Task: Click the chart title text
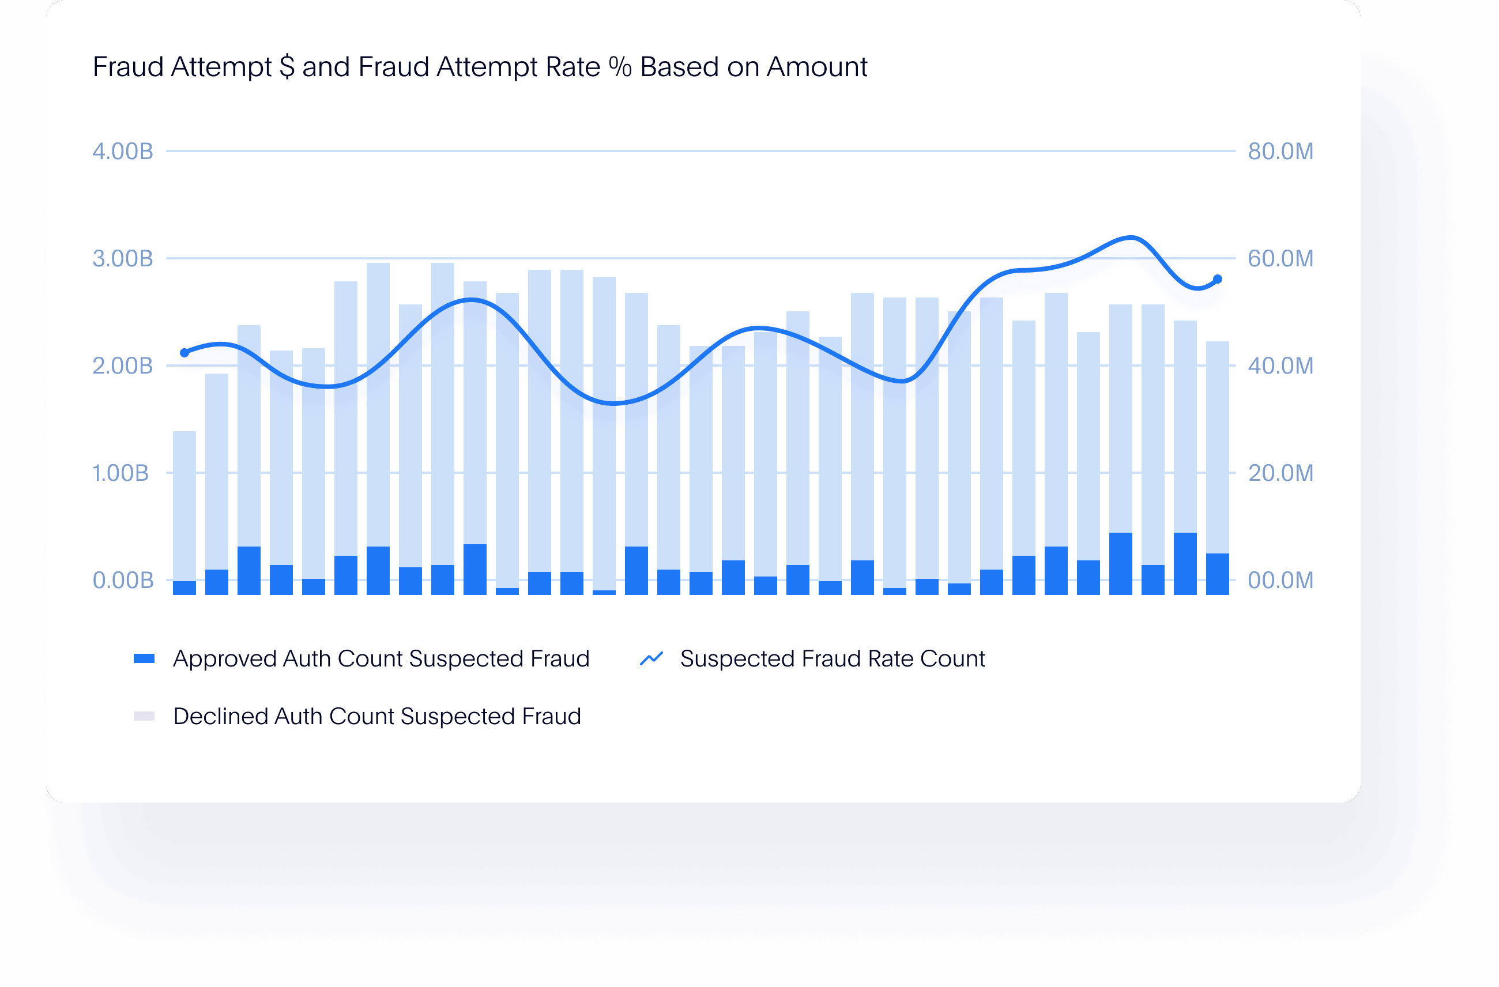point(479,67)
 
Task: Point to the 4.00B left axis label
point(123,152)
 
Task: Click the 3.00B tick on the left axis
point(123,259)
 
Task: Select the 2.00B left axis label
point(123,366)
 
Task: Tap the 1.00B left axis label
point(120,473)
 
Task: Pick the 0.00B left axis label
point(123,581)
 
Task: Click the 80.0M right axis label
point(1280,152)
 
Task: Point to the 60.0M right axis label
point(1280,259)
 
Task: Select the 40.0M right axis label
point(1280,366)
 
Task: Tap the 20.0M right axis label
point(1280,473)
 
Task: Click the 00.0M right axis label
point(1280,581)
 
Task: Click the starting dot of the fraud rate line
point(184,353)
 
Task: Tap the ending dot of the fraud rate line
point(1218,279)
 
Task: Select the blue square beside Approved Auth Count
point(144,659)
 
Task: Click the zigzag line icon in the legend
point(651,659)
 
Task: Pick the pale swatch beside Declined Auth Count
point(144,716)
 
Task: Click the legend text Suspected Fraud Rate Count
point(832,659)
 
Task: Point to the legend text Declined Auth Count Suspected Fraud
point(376,716)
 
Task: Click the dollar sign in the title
point(287,67)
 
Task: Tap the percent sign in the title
point(620,67)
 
